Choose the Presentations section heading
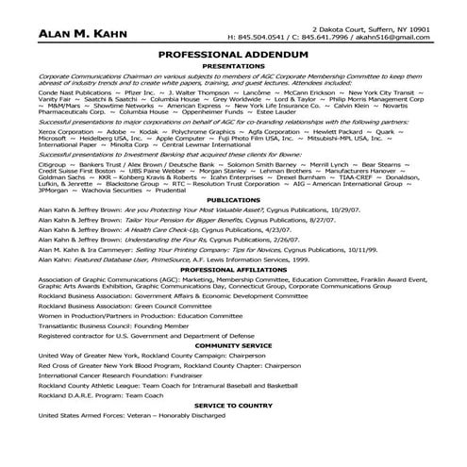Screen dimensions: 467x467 coord(233,67)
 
